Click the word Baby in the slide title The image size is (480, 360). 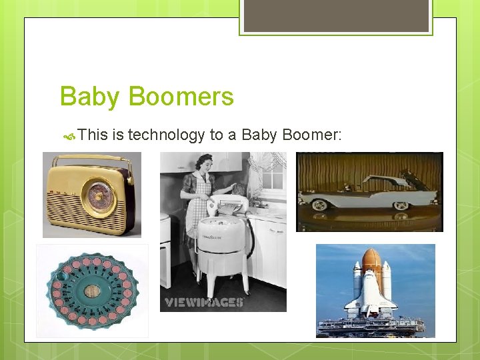click(x=90, y=97)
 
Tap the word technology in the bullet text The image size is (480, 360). click(x=166, y=135)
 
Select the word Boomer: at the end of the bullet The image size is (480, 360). click(x=311, y=135)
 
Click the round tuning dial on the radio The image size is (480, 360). click(x=99, y=195)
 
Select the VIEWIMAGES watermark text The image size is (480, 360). click(x=204, y=302)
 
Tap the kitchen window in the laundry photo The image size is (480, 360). click(x=273, y=177)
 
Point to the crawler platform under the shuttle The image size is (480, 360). click(x=370, y=326)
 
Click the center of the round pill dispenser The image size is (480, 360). click(x=93, y=291)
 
